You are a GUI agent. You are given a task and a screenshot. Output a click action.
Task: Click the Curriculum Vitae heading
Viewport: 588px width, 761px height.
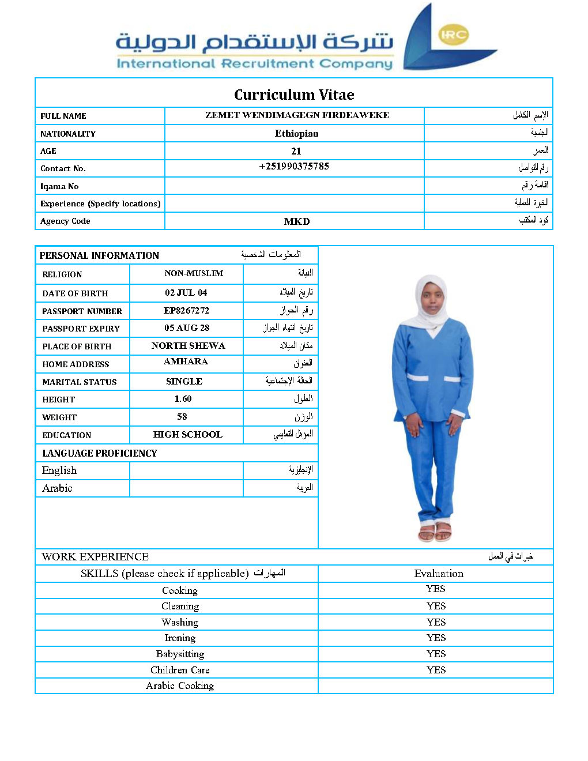coord(294,95)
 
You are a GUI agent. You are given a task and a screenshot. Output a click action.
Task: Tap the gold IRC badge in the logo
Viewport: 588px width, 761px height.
coord(453,35)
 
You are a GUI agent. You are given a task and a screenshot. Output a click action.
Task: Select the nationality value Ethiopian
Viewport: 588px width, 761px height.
coord(296,133)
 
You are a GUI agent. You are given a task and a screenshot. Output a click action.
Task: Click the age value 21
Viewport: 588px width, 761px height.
coord(296,151)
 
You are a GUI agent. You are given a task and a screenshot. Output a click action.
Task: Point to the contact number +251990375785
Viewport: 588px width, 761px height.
coord(294,167)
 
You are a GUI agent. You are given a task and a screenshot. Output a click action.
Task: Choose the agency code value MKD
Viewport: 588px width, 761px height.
coord(297,221)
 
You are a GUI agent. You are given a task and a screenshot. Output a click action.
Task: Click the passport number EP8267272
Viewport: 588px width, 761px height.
coord(186,310)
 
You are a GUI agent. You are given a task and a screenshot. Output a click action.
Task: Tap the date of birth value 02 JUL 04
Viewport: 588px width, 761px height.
coord(186,293)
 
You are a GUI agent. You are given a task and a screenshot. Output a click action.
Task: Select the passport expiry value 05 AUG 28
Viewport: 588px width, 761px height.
coord(187,328)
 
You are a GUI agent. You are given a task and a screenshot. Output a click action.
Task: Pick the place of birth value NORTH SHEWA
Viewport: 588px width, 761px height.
coord(188,346)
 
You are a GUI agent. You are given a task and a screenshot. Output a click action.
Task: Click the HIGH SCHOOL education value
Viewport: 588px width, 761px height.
coord(187,435)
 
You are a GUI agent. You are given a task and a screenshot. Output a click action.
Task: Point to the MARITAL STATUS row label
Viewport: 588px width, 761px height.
coord(80,382)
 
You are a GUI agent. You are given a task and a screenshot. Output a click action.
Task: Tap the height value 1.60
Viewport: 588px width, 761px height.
coord(183,399)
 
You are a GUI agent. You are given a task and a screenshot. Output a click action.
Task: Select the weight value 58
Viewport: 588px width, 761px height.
coord(182,417)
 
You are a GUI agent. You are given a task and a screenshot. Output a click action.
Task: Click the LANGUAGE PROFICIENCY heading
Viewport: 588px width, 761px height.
coord(100,453)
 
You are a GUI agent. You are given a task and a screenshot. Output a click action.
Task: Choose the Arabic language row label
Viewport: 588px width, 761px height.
coord(57,488)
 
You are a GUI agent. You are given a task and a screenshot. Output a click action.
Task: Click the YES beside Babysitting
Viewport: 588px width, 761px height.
coord(436,654)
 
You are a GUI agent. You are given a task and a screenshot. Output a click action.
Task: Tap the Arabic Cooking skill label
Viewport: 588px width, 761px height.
coord(180,685)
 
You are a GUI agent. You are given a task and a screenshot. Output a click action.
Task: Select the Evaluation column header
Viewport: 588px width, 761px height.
coord(439,574)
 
